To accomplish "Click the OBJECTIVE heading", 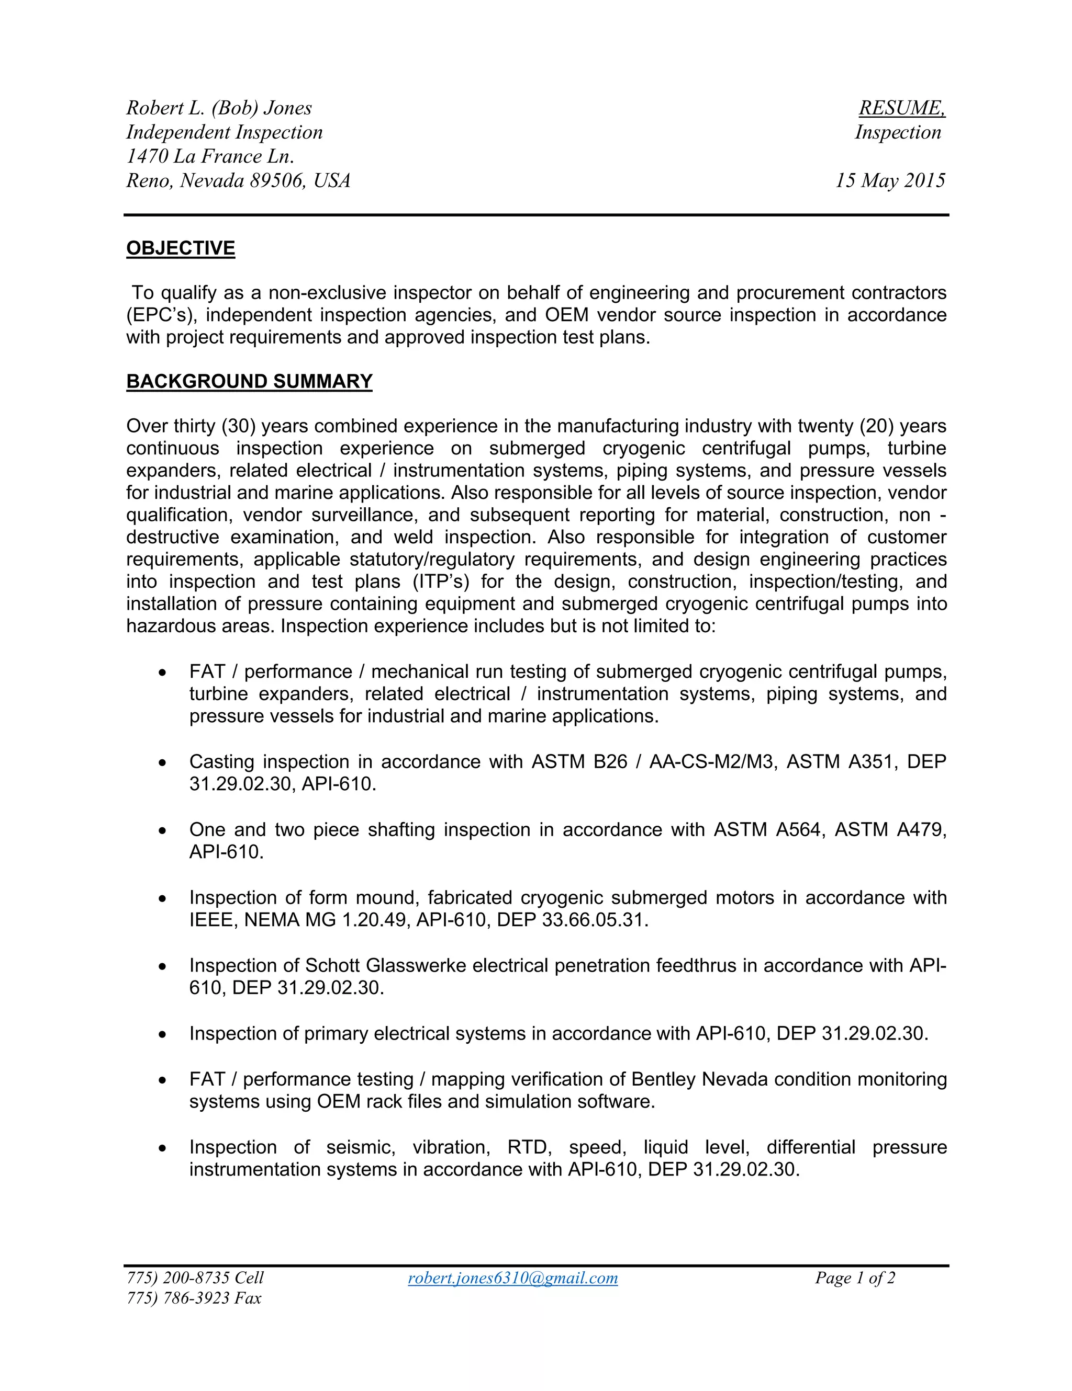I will [x=181, y=248].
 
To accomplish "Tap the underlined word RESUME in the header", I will [x=900, y=108].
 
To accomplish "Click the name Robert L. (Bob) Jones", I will [x=219, y=108].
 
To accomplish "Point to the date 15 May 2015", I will [x=890, y=181].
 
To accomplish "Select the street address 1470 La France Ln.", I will [x=210, y=157].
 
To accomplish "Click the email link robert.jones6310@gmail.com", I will [x=512, y=1278].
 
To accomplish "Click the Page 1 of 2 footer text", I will [x=855, y=1278].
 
